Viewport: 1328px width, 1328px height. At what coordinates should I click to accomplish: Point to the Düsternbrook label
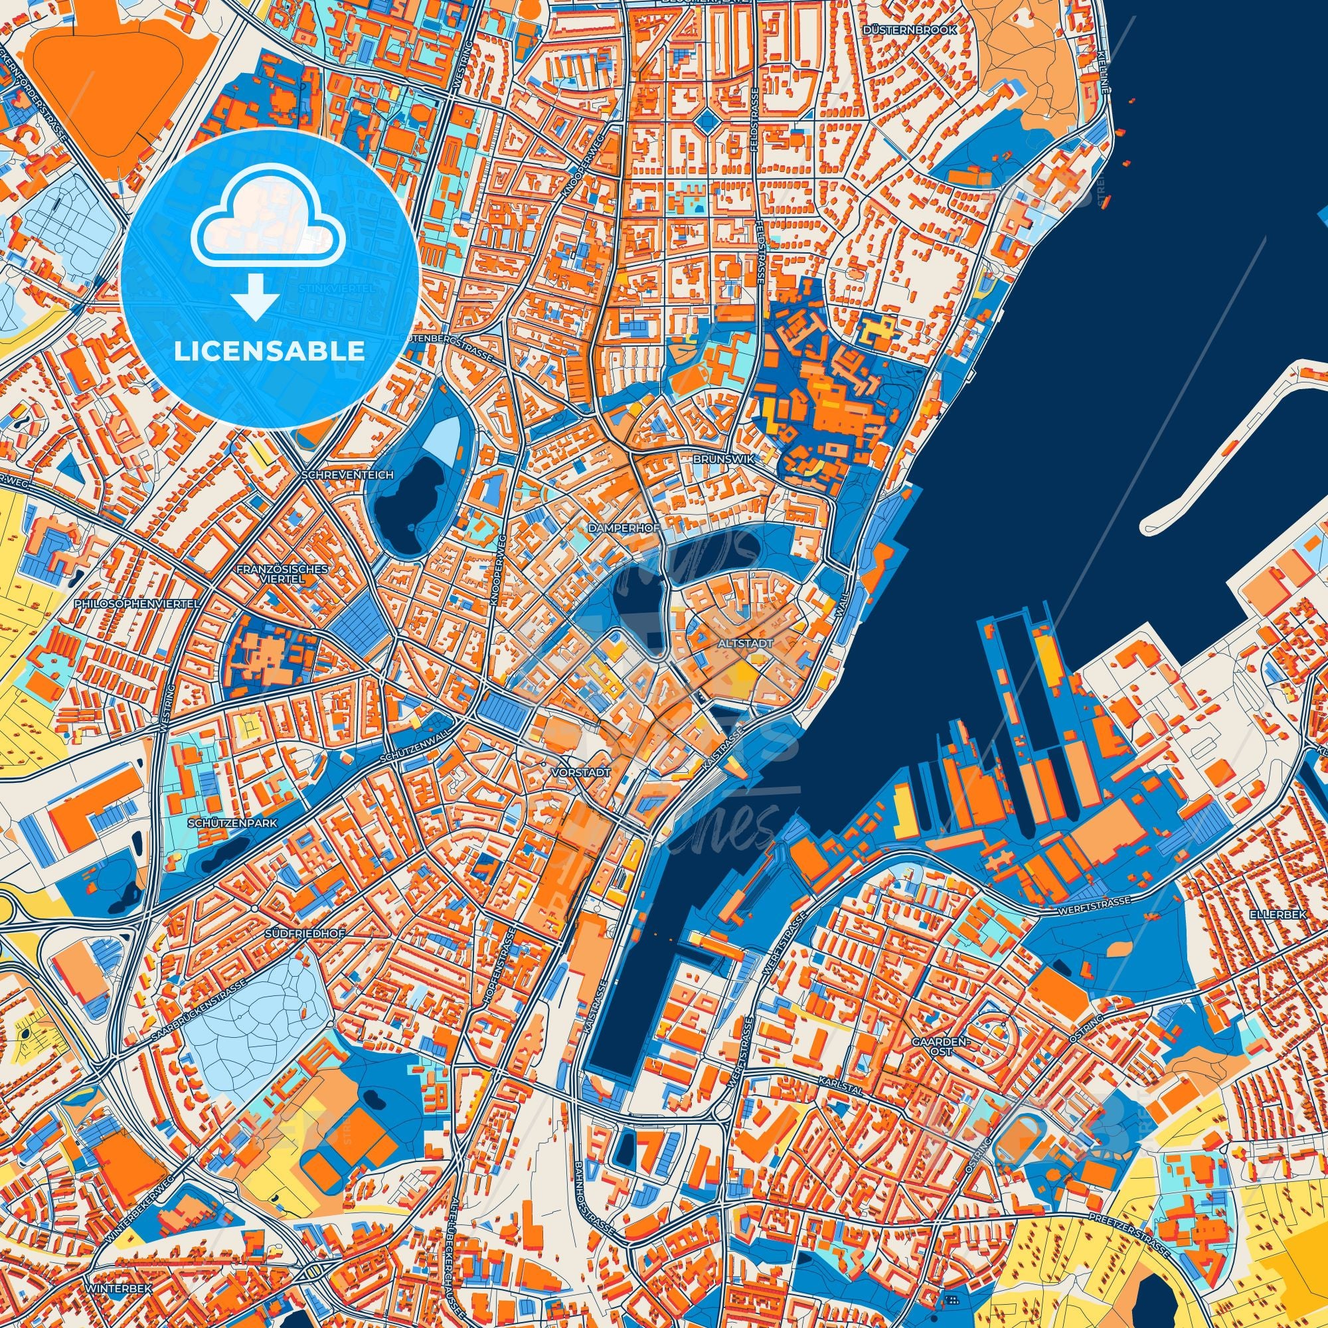pyautogui.click(x=922, y=31)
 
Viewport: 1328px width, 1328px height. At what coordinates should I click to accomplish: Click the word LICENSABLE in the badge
pyautogui.click(x=270, y=351)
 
